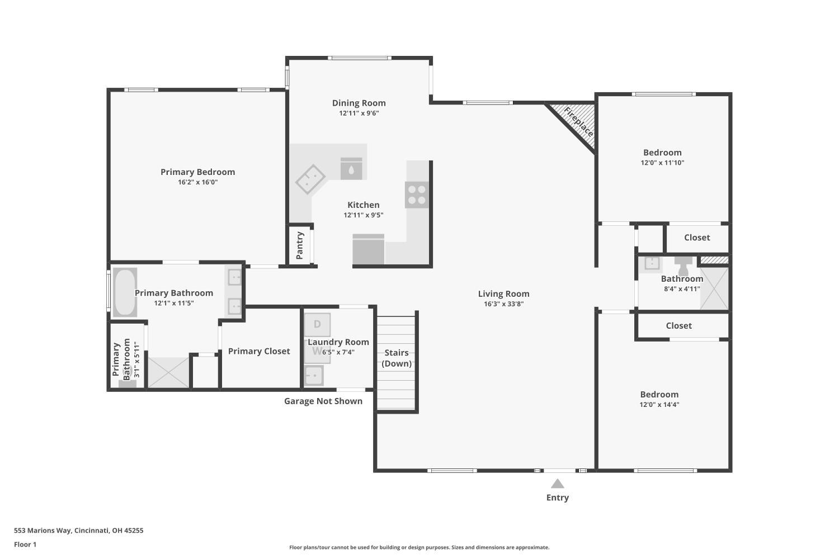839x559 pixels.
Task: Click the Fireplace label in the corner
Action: pos(578,122)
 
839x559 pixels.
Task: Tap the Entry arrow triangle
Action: pos(557,484)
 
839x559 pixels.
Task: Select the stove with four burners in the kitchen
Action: pos(417,195)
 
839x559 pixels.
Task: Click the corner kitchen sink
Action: pos(310,179)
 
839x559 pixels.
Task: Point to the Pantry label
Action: pos(300,245)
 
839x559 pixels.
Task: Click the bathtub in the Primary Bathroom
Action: pos(125,292)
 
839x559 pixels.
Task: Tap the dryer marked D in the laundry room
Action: pos(317,324)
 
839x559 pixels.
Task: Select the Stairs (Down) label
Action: pos(397,358)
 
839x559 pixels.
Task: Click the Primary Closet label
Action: pos(259,351)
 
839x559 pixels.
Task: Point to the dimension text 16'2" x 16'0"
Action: pos(197,182)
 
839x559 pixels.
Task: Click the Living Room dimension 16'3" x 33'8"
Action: pos(503,304)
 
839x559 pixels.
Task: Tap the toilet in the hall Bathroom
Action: pos(683,265)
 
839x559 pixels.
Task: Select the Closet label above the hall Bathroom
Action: pos(697,238)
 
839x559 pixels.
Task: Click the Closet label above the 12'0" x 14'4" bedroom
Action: pos(678,326)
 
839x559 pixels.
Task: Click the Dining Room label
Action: pos(359,103)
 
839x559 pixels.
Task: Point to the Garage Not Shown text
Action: pos(323,401)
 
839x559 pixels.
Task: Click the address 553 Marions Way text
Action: pos(78,530)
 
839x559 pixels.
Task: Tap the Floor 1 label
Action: pos(25,544)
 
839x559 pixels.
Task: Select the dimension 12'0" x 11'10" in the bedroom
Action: pos(662,163)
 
